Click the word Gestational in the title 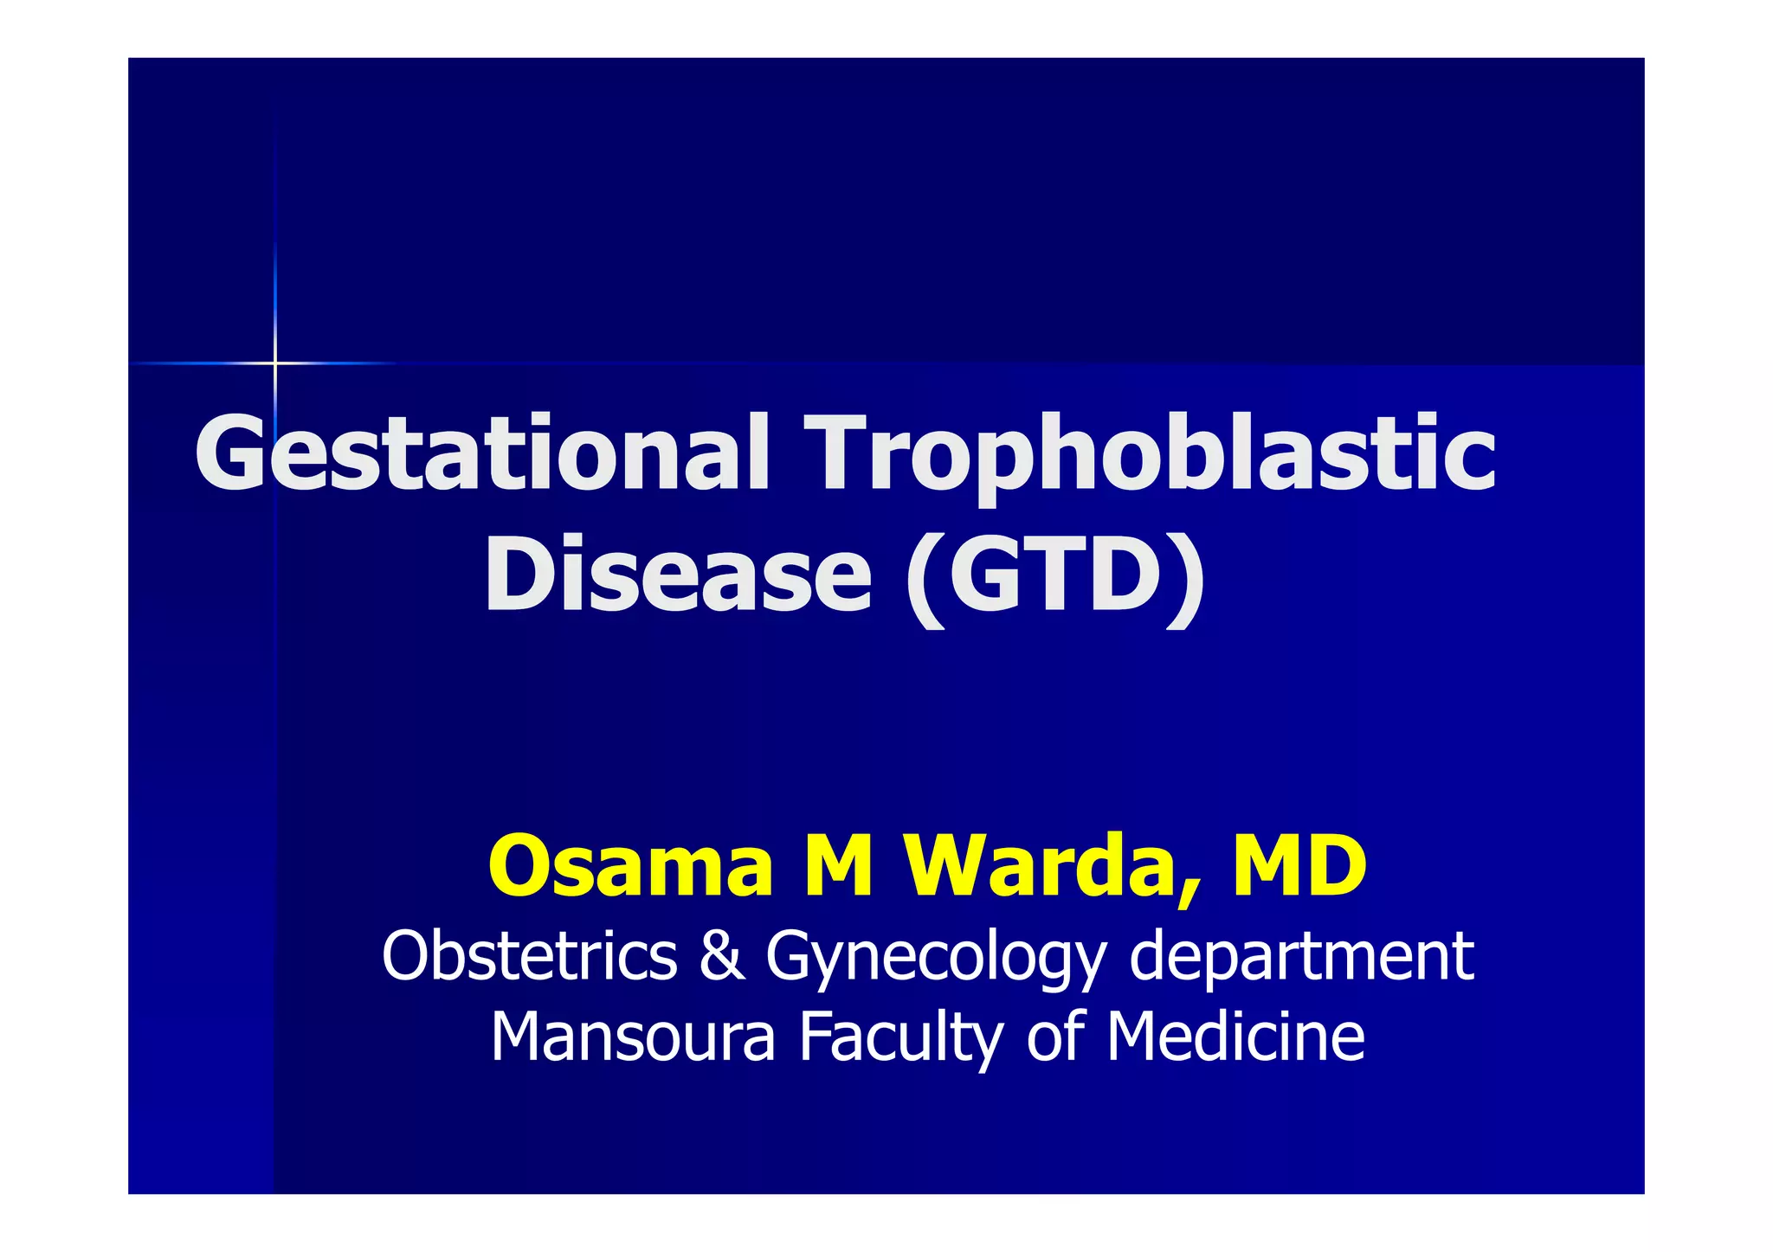click(481, 453)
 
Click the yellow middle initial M click(839, 865)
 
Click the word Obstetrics click(529, 955)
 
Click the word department click(1301, 957)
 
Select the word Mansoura click(633, 1037)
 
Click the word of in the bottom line click(1055, 1036)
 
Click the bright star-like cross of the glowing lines click(275, 363)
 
